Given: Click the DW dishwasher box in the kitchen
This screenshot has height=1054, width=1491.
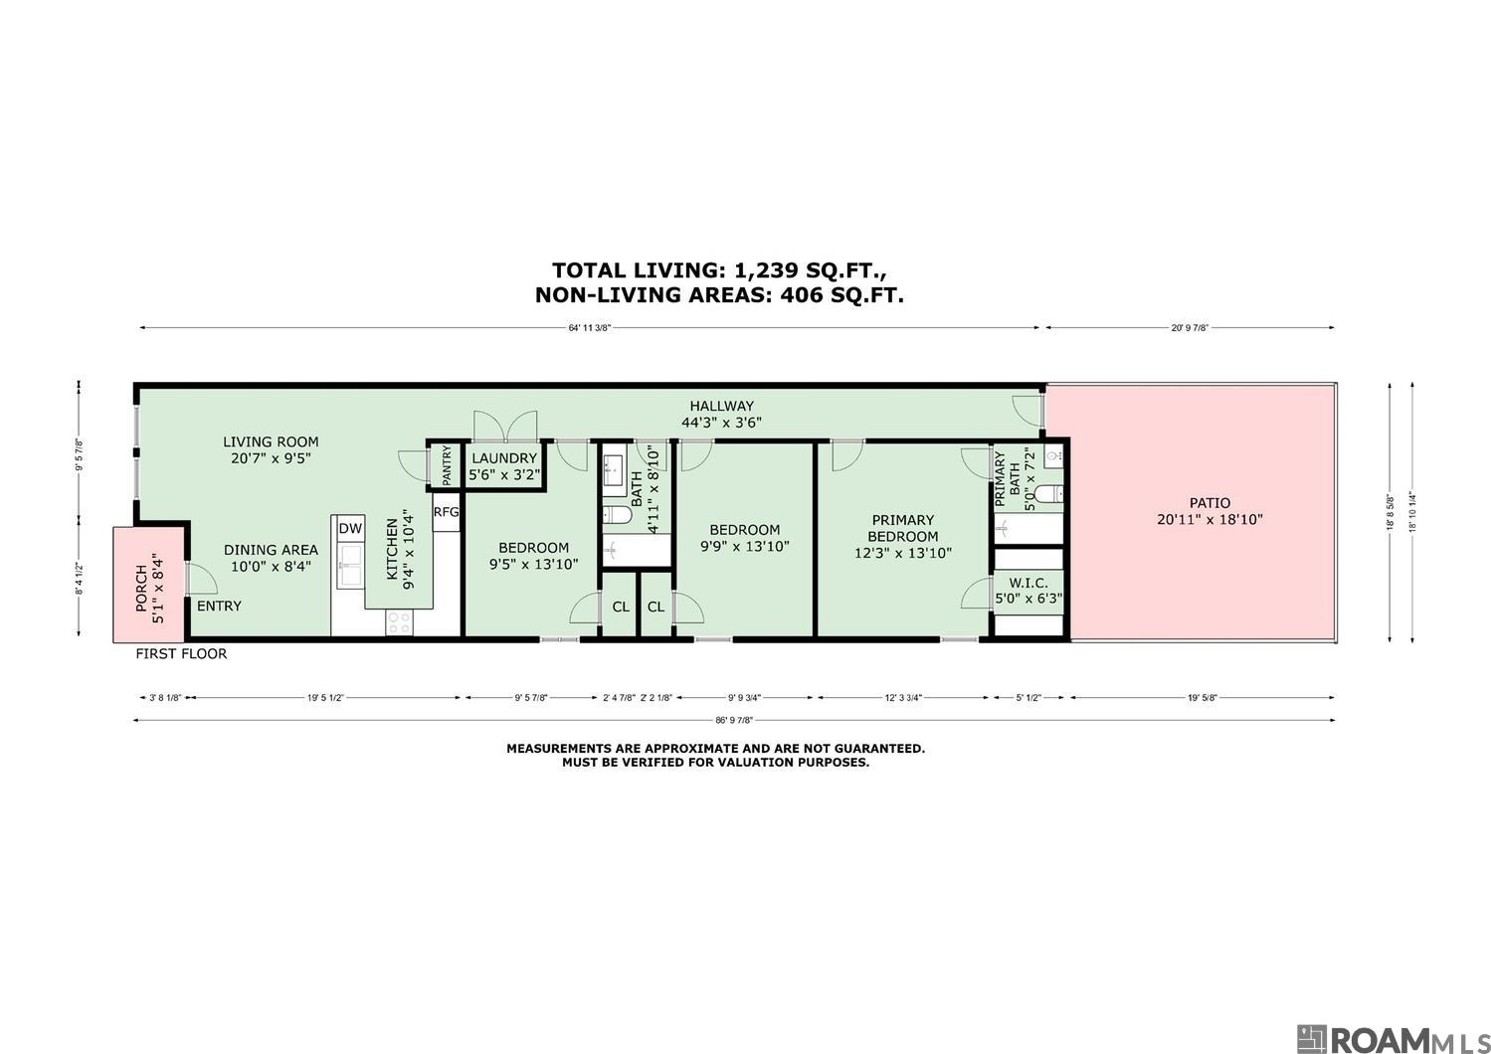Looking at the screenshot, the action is [351, 528].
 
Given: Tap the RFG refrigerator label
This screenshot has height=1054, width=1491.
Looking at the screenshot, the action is [446, 512].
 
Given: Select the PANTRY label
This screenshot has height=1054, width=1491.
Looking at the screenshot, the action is [447, 465].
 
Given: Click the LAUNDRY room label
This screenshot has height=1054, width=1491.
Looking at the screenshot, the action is [504, 457].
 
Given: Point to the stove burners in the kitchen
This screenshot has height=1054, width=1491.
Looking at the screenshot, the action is [399, 622].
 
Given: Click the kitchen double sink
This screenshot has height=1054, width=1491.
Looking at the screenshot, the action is [351, 566].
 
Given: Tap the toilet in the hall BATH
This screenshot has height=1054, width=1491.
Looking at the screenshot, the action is [617, 514].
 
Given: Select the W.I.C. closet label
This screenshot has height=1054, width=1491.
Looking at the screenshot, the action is [1028, 583].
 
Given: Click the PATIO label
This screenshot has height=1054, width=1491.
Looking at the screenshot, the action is [1210, 503].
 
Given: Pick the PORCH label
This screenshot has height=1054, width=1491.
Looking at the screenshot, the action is [141, 588].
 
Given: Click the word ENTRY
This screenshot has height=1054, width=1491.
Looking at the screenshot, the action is [219, 606].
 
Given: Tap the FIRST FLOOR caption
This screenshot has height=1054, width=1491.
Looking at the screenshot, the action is [181, 653].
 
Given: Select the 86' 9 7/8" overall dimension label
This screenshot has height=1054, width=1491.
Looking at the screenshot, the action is [734, 720].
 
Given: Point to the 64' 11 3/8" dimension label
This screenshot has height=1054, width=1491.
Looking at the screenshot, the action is [589, 328].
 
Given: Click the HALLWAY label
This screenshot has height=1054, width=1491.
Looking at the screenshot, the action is [721, 406].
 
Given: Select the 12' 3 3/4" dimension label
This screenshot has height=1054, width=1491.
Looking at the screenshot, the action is [903, 698].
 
